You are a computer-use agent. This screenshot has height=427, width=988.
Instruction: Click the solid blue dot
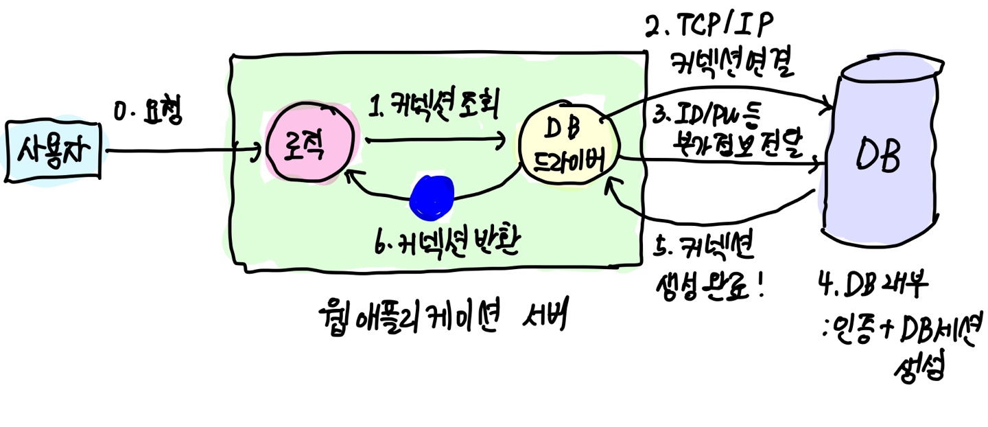tap(432, 197)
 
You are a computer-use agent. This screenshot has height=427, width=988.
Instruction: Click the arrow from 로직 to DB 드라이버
tap(436, 142)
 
